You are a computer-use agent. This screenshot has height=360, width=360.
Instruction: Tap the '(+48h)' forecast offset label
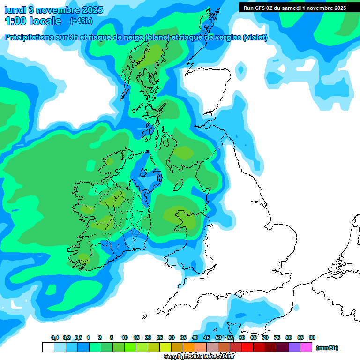tap(81, 21)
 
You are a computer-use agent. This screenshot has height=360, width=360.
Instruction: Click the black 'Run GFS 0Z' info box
tap(295, 7)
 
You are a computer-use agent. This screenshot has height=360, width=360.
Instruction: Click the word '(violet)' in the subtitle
tap(255, 37)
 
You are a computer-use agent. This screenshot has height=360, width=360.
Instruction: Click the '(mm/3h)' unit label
tap(327, 348)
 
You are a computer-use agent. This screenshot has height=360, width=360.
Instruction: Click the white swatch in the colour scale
tap(48, 347)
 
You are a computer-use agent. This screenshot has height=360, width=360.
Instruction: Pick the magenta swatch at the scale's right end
tap(306, 347)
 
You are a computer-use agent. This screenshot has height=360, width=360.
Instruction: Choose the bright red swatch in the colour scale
tap(247, 347)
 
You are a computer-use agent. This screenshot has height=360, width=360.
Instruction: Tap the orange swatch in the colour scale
tap(189, 347)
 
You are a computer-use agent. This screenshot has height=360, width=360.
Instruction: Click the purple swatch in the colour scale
tap(294, 347)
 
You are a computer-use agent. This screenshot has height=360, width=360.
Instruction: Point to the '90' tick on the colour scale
tap(312, 338)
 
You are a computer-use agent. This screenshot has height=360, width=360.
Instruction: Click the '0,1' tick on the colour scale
tap(54, 338)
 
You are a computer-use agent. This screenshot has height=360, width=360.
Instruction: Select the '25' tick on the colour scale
tap(160, 338)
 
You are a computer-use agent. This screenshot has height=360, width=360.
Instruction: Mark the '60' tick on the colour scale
tap(242, 338)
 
